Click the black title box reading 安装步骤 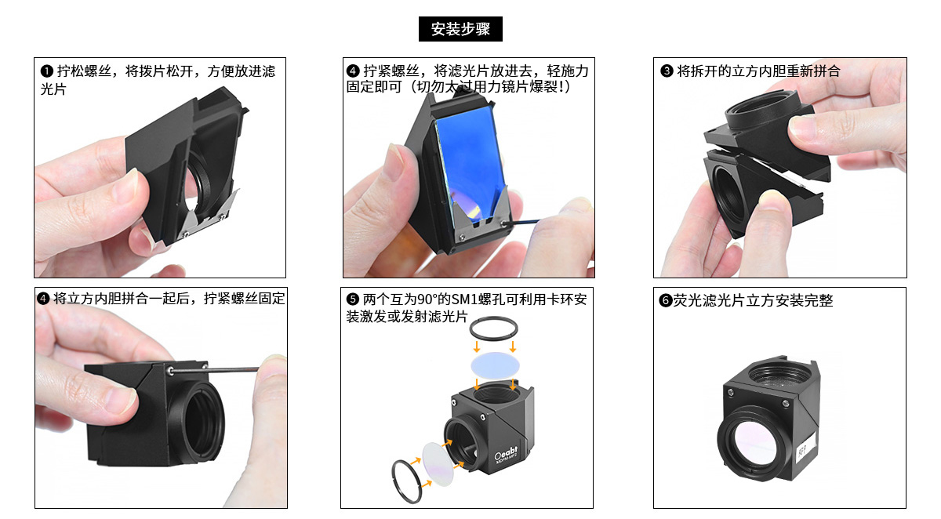point(460,29)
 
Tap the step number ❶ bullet point(46,71)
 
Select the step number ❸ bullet point(667,71)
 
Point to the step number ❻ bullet point(666,300)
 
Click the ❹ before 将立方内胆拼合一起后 point(43,299)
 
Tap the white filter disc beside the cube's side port point(438,464)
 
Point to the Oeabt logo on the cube point(507,453)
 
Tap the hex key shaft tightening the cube point(214,370)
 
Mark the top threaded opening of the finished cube point(779,375)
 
